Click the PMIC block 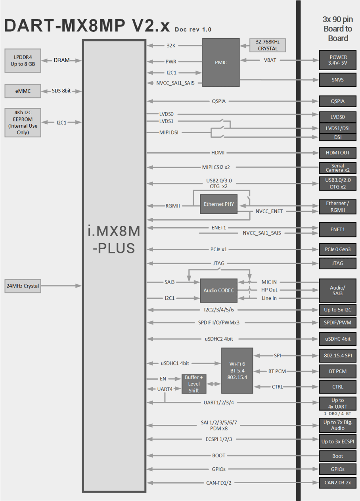click(x=221, y=62)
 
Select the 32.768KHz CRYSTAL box click(x=268, y=45)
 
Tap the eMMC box click(x=23, y=91)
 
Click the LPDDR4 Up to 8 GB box click(x=23, y=61)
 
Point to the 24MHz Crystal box click(x=23, y=286)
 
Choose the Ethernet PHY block click(x=219, y=204)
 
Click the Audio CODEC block click(x=219, y=290)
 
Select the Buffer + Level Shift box click(x=193, y=384)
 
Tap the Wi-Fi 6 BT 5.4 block click(x=237, y=370)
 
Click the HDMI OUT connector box click(x=338, y=153)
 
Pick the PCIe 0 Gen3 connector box click(x=338, y=250)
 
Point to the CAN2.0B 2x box click(x=338, y=483)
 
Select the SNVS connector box click(x=338, y=80)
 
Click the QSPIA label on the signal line click(x=219, y=101)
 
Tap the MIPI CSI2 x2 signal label click(x=216, y=167)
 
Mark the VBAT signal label click(x=270, y=60)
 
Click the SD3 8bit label click(x=61, y=91)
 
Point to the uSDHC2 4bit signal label click(x=219, y=339)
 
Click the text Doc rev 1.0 click(x=193, y=29)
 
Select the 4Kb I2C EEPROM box click(x=23, y=123)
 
